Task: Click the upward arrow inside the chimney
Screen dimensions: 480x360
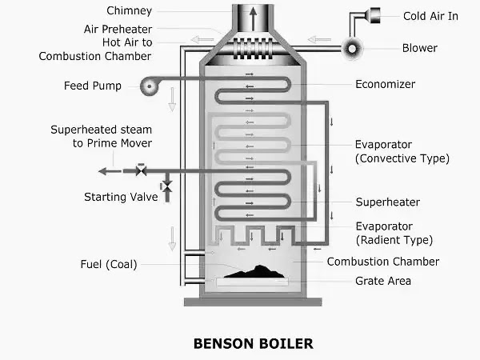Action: click(x=253, y=18)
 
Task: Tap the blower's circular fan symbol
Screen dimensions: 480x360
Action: click(x=352, y=49)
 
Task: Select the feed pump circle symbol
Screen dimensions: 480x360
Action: click(x=150, y=86)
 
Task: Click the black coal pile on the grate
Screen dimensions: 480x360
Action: click(x=256, y=272)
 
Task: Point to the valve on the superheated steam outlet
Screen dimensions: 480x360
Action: click(x=141, y=170)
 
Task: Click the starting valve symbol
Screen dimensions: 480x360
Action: click(x=167, y=186)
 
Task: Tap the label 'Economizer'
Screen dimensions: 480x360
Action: click(x=385, y=84)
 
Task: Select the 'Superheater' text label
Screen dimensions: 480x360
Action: click(x=387, y=202)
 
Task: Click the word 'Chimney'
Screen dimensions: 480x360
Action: click(x=129, y=10)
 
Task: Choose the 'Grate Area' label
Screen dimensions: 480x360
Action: click(x=383, y=281)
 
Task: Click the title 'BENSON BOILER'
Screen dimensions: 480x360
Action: click(x=254, y=343)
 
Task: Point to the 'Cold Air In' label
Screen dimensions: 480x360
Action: click(x=430, y=16)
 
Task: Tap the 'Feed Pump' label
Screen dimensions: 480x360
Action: click(x=93, y=86)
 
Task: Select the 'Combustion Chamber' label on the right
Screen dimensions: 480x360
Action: click(x=383, y=262)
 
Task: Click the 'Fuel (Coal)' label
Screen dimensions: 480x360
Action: click(x=109, y=264)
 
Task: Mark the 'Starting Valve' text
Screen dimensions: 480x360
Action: click(x=121, y=197)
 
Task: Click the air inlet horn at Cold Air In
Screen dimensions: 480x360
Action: click(x=373, y=15)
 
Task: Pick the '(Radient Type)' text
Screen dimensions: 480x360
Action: click(x=394, y=240)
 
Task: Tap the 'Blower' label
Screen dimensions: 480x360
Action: click(x=420, y=48)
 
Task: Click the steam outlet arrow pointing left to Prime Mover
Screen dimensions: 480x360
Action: click(x=110, y=171)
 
